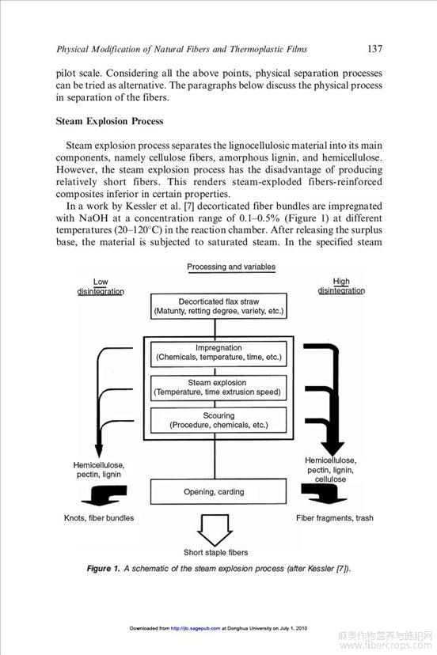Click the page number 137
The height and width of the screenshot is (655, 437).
(x=374, y=49)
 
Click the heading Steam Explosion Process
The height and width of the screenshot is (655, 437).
(x=109, y=121)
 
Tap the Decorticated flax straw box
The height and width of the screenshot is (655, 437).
(x=218, y=306)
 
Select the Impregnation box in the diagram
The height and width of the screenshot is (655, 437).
(x=218, y=353)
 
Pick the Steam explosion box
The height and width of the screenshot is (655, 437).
(x=218, y=388)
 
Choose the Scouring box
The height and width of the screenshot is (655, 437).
(x=218, y=420)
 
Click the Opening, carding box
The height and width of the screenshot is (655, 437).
(x=218, y=492)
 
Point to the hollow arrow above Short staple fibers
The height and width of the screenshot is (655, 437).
(x=215, y=530)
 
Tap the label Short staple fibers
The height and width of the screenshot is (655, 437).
(x=216, y=552)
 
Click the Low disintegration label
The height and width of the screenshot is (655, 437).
(x=101, y=286)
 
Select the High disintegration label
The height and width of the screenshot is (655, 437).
(x=341, y=286)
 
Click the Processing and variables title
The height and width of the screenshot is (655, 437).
(x=231, y=267)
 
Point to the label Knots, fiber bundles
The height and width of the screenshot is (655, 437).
(x=99, y=518)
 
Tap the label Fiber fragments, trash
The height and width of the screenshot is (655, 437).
(x=335, y=518)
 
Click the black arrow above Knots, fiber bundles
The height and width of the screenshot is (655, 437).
(x=104, y=495)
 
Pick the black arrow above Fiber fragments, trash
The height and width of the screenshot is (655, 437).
(x=324, y=494)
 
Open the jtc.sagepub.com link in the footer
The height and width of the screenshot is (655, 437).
(x=196, y=628)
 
